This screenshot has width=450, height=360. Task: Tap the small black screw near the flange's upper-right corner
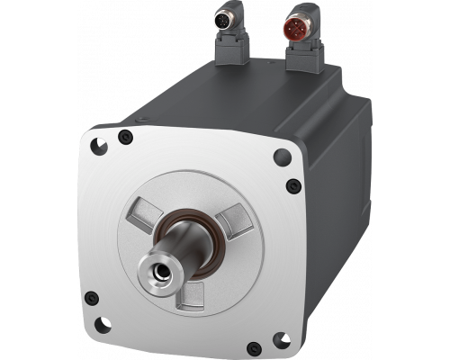(290, 186)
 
